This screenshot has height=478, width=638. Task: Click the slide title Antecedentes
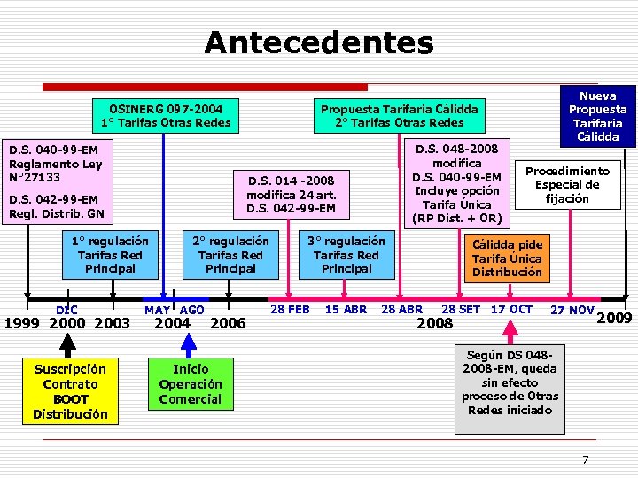[319, 42]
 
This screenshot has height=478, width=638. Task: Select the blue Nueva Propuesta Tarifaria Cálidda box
[601, 116]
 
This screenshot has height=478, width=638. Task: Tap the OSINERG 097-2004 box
[166, 115]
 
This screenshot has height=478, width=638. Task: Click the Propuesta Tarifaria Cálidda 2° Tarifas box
[399, 115]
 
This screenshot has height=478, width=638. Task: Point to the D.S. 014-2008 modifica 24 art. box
[291, 194]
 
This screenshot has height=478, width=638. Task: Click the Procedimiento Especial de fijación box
[568, 185]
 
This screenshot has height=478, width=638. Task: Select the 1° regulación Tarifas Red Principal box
[111, 255]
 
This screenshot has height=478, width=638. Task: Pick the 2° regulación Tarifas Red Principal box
[230, 255]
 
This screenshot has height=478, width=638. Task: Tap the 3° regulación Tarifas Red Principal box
[346, 255]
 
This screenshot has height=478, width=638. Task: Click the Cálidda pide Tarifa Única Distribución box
[507, 258]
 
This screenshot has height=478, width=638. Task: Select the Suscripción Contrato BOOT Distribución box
[70, 390]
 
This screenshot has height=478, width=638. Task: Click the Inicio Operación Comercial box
[191, 383]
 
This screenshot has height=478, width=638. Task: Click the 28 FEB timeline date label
[290, 309]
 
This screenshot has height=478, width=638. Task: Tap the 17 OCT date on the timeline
[512, 309]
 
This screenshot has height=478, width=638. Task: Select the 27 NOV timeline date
[572, 310]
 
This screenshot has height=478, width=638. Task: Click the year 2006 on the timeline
[230, 324]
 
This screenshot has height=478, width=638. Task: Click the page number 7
[585, 459]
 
